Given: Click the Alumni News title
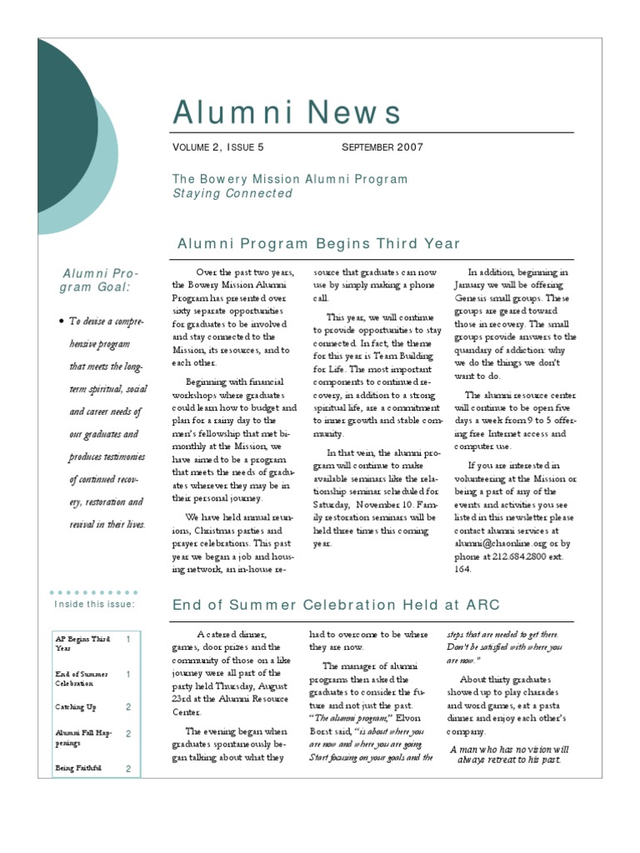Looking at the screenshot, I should click(287, 112).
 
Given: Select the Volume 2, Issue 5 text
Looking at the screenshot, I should click(217, 147).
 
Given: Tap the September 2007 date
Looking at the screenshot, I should click(382, 147).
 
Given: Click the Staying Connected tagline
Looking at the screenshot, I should click(232, 193).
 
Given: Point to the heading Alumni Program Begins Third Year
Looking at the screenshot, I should click(318, 243).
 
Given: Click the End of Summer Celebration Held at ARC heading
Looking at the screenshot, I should click(335, 604).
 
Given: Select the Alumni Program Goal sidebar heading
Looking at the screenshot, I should click(101, 280).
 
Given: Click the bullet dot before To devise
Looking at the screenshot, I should click(62, 321).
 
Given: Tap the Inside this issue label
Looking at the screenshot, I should click(94, 604).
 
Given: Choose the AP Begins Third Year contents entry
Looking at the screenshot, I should click(82, 643).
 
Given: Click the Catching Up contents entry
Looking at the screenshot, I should click(76, 707).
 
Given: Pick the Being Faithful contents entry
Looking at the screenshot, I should click(78, 768).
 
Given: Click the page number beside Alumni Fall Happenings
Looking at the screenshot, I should click(128, 734).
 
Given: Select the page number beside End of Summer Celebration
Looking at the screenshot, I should click(128, 673).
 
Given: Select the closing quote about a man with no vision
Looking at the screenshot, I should click(509, 754).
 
